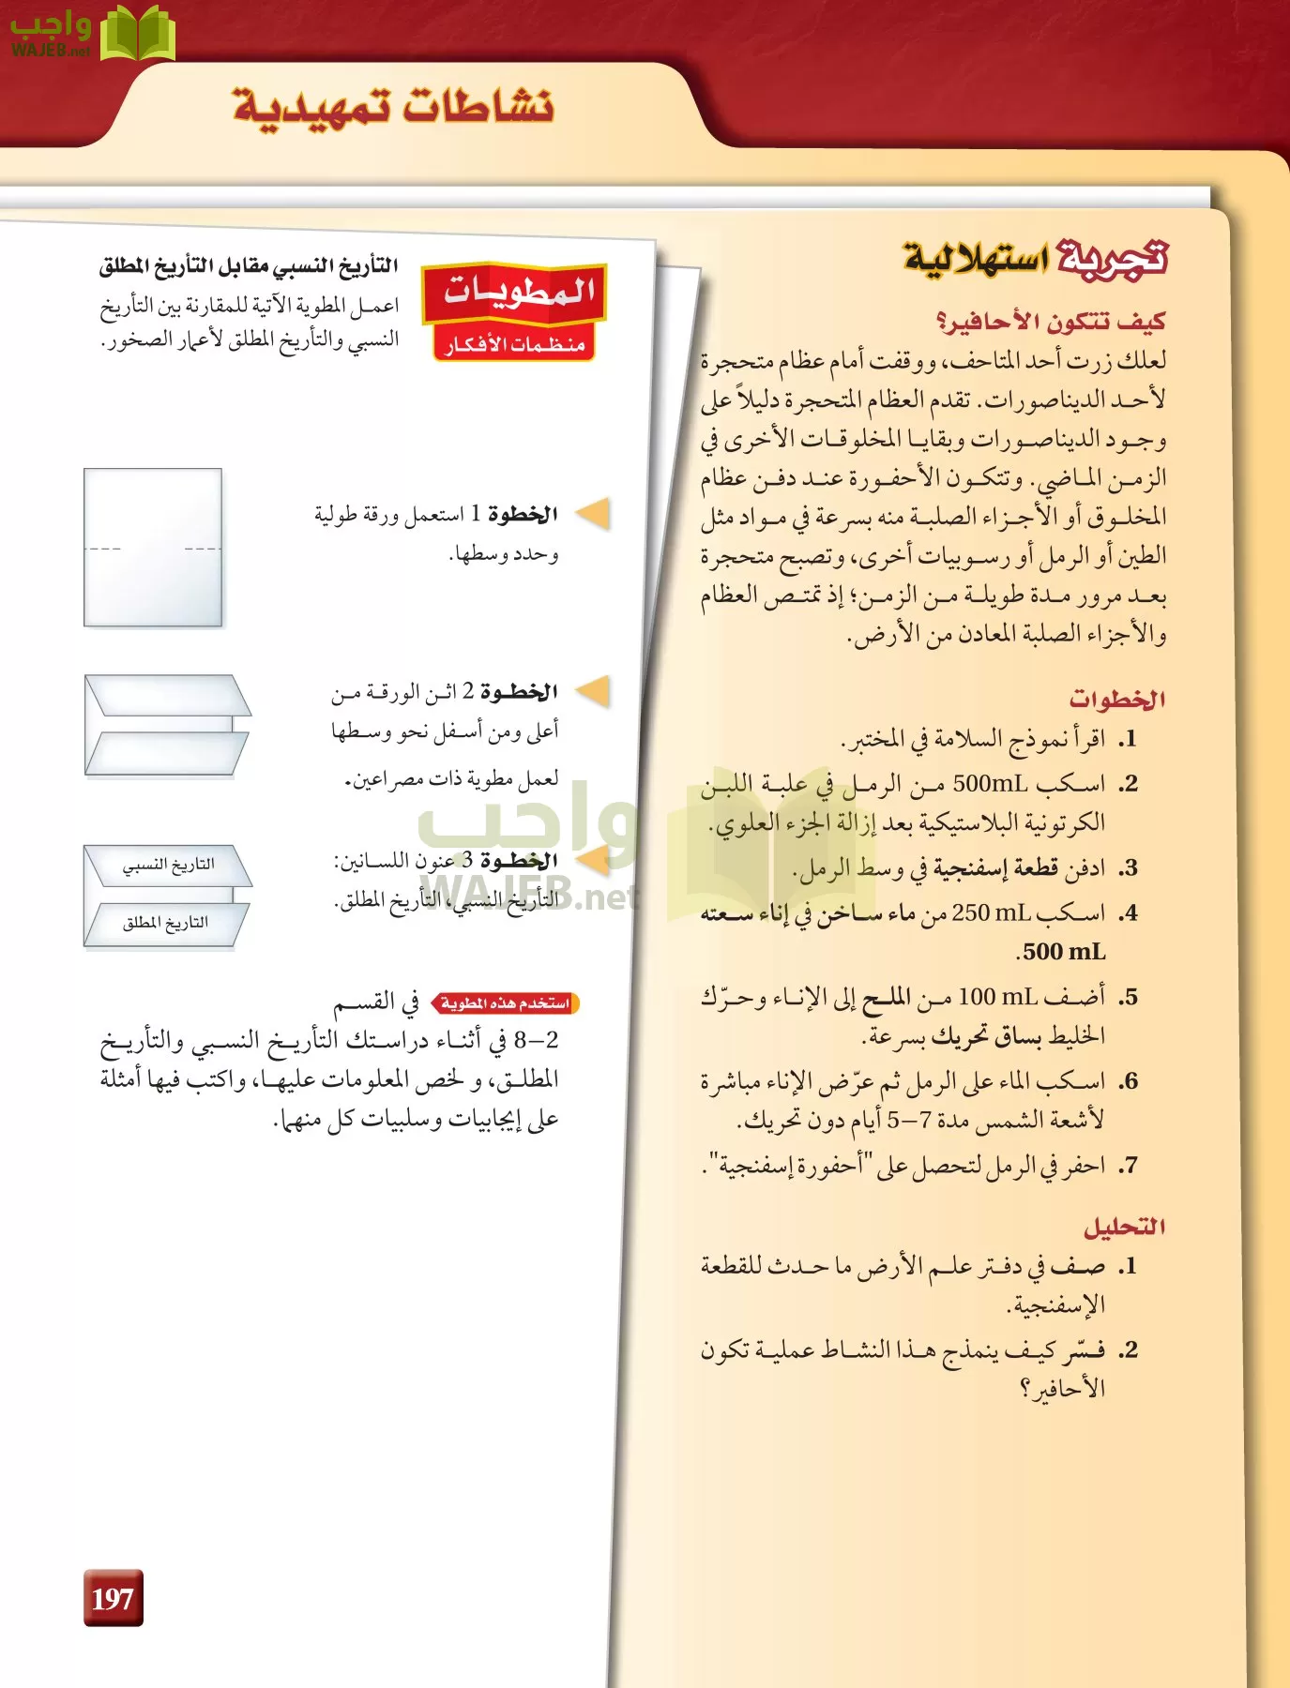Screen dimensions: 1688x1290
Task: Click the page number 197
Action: coord(113,1598)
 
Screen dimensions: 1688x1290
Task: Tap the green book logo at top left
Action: coord(137,34)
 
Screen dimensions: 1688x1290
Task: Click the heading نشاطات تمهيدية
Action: coord(393,106)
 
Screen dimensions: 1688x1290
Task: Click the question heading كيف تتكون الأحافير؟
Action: coord(1051,322)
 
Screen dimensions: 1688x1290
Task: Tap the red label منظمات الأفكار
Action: coord(515,345)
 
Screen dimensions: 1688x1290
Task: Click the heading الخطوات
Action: coord(1116,700)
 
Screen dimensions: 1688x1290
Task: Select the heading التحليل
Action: coord(1124,1227)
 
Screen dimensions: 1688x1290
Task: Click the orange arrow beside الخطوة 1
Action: coord(593,513)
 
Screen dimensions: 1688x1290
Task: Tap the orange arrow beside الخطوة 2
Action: coord(593,691)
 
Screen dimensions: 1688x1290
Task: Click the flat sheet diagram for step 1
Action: coord(153,548)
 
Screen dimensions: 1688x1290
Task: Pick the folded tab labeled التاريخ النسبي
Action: coord(168,865)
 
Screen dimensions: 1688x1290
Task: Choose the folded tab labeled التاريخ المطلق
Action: coord(166,924)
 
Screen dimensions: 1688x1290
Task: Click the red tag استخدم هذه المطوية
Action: coord(506,1003)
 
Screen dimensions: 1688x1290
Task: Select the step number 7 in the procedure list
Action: coord(1129,1166)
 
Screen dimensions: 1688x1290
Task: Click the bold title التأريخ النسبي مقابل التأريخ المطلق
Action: coord(249,266)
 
